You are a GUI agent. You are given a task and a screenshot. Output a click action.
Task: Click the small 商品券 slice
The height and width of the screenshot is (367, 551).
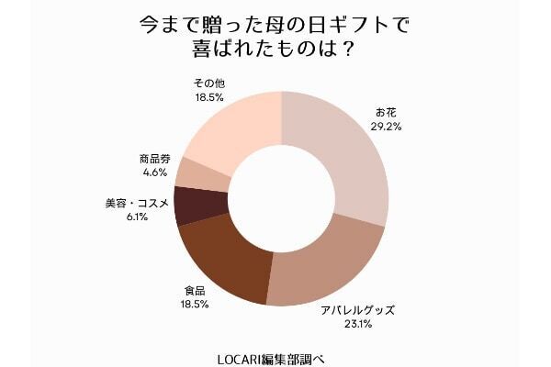(x=198, y=172)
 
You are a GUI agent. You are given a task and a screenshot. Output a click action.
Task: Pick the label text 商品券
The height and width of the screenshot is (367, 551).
(x=154, y=158)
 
